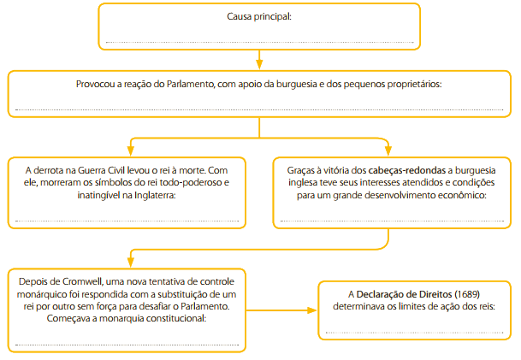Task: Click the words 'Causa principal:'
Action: [259, 16]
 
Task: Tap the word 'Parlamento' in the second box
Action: [191, 84]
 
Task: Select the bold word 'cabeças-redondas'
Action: [406, 171]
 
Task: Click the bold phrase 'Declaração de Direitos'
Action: [404, 294]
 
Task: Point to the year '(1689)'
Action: [467, 294]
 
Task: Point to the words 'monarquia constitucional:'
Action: [153, 318]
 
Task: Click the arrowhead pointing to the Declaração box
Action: [311, 310]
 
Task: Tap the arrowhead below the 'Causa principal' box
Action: [259, 64]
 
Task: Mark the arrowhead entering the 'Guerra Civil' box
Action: [131, 151]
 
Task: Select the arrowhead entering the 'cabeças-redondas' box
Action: [388, 151]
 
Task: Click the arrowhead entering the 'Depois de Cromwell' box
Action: [131, 263]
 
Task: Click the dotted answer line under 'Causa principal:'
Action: [259, 43]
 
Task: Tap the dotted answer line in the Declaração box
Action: [414, 333]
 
